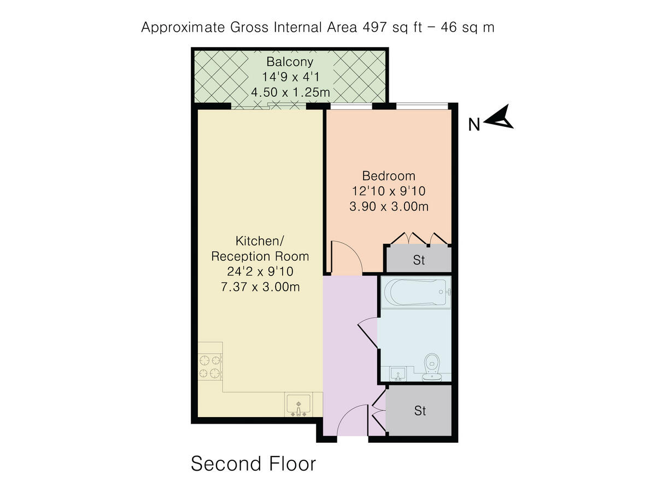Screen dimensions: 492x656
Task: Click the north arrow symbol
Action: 499,118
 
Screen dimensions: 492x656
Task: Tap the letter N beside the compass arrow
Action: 474,125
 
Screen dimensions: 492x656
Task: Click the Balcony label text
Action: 290,61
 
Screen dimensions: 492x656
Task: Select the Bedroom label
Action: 389,176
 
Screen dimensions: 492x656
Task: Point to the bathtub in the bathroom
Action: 415,292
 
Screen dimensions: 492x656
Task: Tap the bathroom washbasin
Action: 398,373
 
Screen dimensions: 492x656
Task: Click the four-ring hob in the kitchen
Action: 210,367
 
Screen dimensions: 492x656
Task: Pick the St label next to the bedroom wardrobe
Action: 419,260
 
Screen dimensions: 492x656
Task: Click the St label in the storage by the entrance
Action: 420,411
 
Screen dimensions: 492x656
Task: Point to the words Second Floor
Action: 253,464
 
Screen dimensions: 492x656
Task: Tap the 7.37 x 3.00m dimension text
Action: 260,286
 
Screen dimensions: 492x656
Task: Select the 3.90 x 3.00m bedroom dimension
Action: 389,207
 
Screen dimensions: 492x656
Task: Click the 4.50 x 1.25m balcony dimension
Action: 290,92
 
